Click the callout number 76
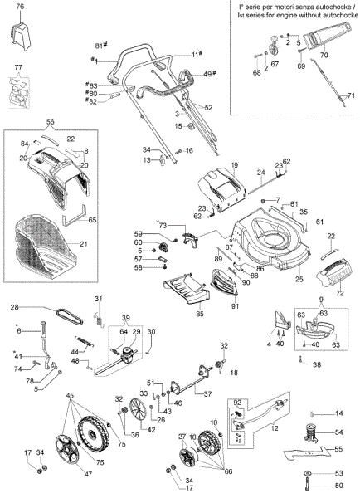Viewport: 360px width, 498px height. (x=20, y=7)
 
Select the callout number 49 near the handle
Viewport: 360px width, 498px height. (x=207, y=74)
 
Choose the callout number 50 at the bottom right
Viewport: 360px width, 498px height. (x=339, y=485)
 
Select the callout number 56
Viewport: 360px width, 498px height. (x=51, y=121)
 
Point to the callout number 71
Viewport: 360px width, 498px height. (x=350, y=96)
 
